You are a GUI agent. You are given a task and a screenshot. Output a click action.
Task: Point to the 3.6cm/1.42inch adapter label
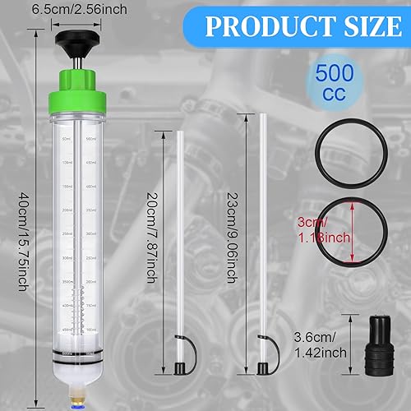coord(320,340)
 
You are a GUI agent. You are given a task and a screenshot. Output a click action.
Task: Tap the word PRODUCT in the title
coord(263,26)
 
